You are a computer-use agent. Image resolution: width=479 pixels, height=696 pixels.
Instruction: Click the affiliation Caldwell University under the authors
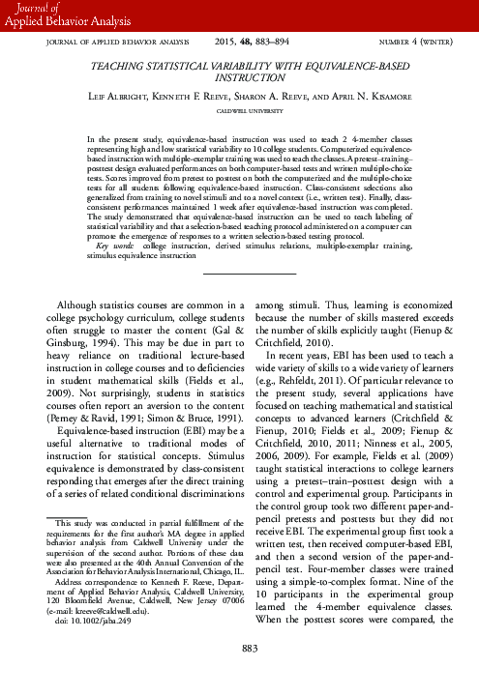[239, 110]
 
